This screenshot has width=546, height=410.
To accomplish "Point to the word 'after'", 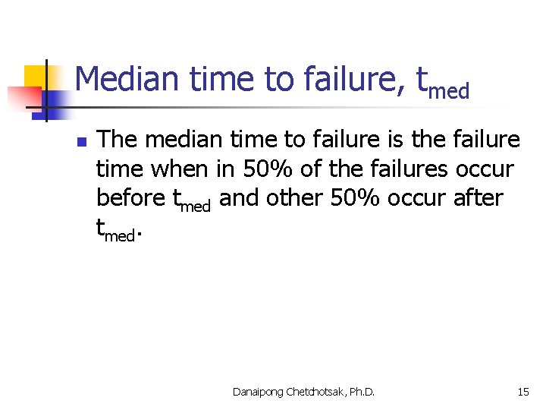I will [477, 197].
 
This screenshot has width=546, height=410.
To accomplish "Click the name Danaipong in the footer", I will [259, 392].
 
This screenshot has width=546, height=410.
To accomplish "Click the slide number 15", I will [523, 392].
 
